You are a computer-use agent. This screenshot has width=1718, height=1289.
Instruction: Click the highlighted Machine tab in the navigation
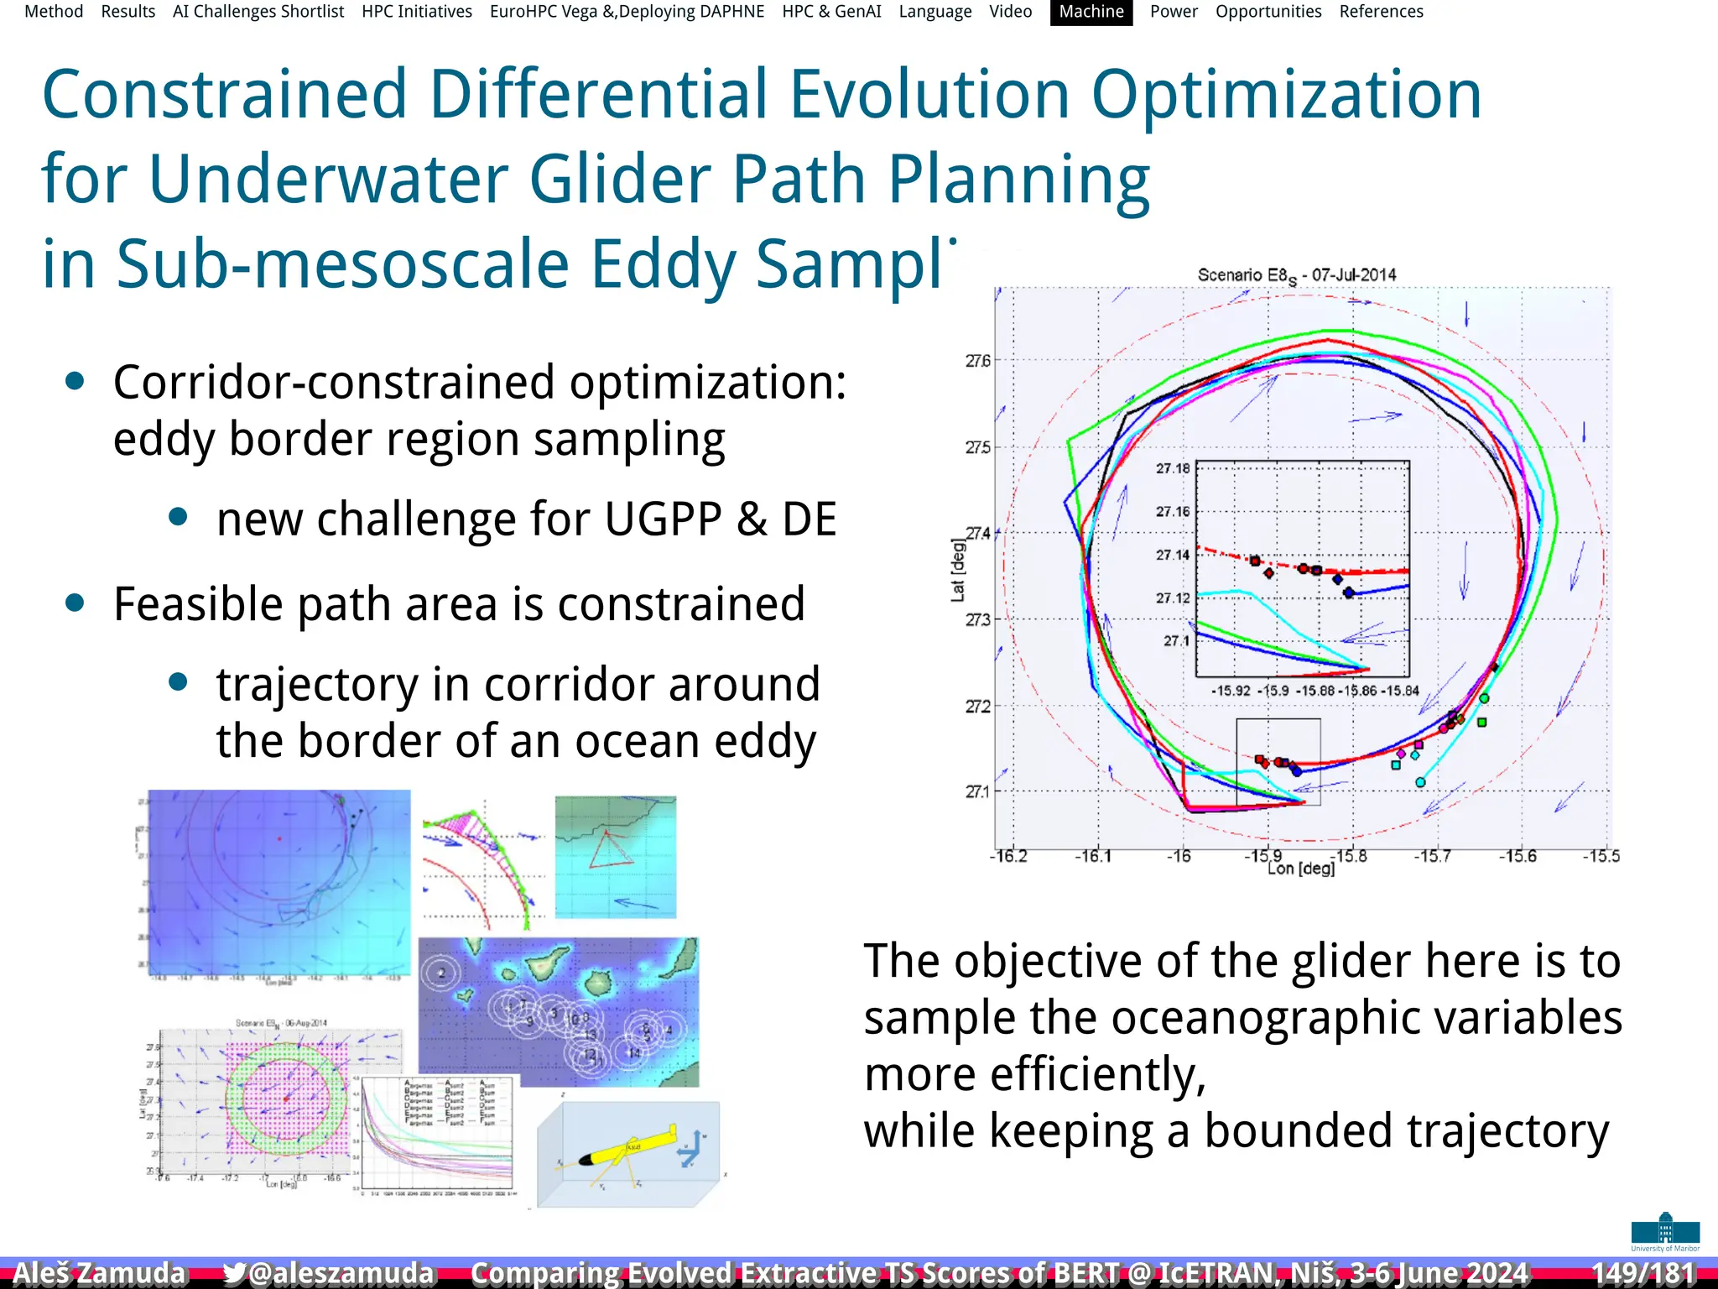[1091, 12]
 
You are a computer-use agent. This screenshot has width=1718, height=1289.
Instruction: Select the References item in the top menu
[1381, 12]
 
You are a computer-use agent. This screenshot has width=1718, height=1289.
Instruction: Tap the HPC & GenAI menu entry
[831, 12]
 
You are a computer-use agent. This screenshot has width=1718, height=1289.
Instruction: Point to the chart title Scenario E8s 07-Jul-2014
[1296, 275]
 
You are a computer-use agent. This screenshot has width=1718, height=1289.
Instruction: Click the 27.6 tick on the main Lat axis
[977, 361]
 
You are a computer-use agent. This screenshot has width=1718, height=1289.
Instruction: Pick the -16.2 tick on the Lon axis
[1008, 857]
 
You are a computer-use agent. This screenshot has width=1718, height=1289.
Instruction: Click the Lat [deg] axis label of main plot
[958, 571]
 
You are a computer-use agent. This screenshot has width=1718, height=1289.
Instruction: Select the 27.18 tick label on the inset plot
[1172, 468]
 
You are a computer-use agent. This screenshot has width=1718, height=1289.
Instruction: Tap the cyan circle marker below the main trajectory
[1420, 782]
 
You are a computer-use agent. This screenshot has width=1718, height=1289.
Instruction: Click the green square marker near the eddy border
[1482, 723]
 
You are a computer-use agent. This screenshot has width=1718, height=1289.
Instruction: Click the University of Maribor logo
[1665, 1232]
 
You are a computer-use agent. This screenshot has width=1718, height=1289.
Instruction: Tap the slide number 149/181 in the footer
[1643, 1272]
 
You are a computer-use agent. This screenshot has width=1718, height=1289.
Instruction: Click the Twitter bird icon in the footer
[234, 1273]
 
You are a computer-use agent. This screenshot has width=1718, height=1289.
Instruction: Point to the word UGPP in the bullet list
[663, 519]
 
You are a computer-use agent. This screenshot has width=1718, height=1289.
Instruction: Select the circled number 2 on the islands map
[442, 973]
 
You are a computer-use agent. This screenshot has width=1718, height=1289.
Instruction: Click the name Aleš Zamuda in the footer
[99, 1273]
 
